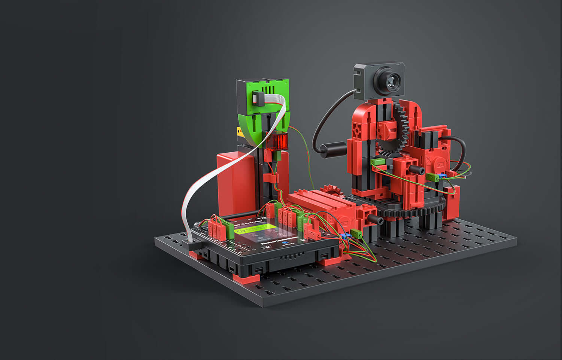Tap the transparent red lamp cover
277,142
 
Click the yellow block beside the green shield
239,132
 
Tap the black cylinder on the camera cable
334,149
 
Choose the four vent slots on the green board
268,90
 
